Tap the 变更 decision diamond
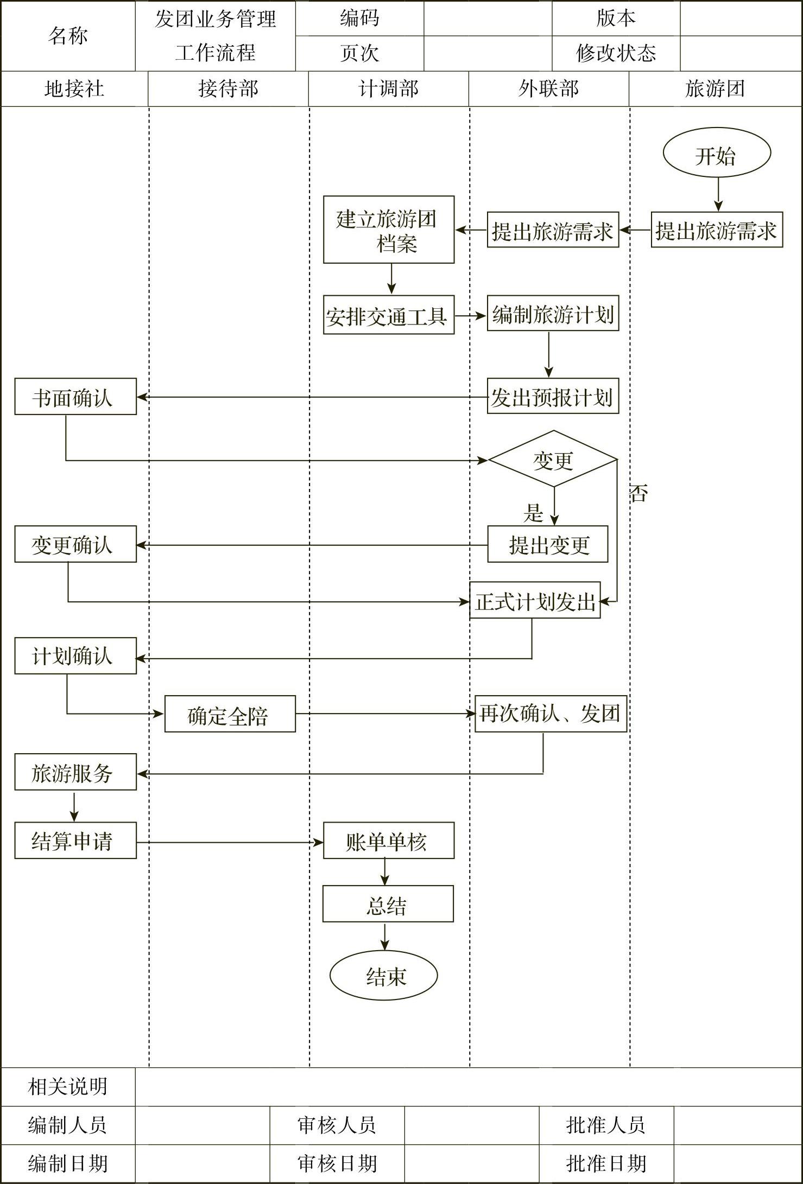(553, 460)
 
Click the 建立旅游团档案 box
(389, 230)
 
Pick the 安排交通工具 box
(389, 315)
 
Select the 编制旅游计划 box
(553, 314)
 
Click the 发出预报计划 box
(553, 397)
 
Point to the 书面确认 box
(75, 397)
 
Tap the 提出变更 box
(548, 544)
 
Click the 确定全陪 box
(230, 714)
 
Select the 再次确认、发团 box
(551, 714)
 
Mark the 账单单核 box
(388, 841)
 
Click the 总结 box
(388, 904)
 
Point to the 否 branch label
(638, 493)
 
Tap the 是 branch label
(533, 512)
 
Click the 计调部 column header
(388, 88)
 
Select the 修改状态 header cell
(616, 53)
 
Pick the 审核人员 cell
(337, 1125)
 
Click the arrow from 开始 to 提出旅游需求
(718, 194)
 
